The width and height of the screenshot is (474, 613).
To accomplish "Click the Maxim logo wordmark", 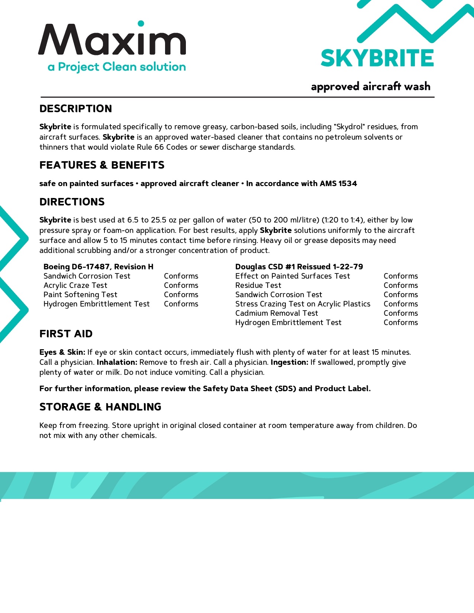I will point(112,39).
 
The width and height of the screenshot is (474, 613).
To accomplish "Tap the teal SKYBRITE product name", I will point(377,58).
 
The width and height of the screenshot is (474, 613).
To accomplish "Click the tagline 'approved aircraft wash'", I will point(371,87).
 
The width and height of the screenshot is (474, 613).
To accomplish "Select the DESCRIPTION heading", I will point(75,108).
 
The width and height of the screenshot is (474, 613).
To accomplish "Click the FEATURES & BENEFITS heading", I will point(102,165).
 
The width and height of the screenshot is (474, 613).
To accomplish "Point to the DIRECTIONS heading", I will point(72,202).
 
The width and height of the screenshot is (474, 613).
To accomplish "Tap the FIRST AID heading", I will point(66,334).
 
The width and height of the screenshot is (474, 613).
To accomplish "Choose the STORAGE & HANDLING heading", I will point(100,407).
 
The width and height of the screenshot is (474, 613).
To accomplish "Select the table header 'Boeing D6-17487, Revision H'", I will point(99,267).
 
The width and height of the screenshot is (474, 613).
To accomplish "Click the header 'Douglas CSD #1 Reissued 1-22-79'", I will point(299,267).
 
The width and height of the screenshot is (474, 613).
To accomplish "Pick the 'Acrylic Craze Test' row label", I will point(75,285).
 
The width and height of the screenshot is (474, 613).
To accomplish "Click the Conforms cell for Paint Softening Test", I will point(181,295).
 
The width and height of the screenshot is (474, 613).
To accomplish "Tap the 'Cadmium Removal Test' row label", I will point(277,313).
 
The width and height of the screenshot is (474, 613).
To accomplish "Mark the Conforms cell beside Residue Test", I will point(401,285).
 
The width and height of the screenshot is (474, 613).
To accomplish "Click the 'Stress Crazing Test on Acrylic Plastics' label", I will point(303,304).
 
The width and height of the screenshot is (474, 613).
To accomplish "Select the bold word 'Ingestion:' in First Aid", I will point(290,362).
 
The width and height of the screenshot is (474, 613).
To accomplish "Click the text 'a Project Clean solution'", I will point(117,67).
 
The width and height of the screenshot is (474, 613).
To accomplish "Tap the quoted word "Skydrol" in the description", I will point(349,127).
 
